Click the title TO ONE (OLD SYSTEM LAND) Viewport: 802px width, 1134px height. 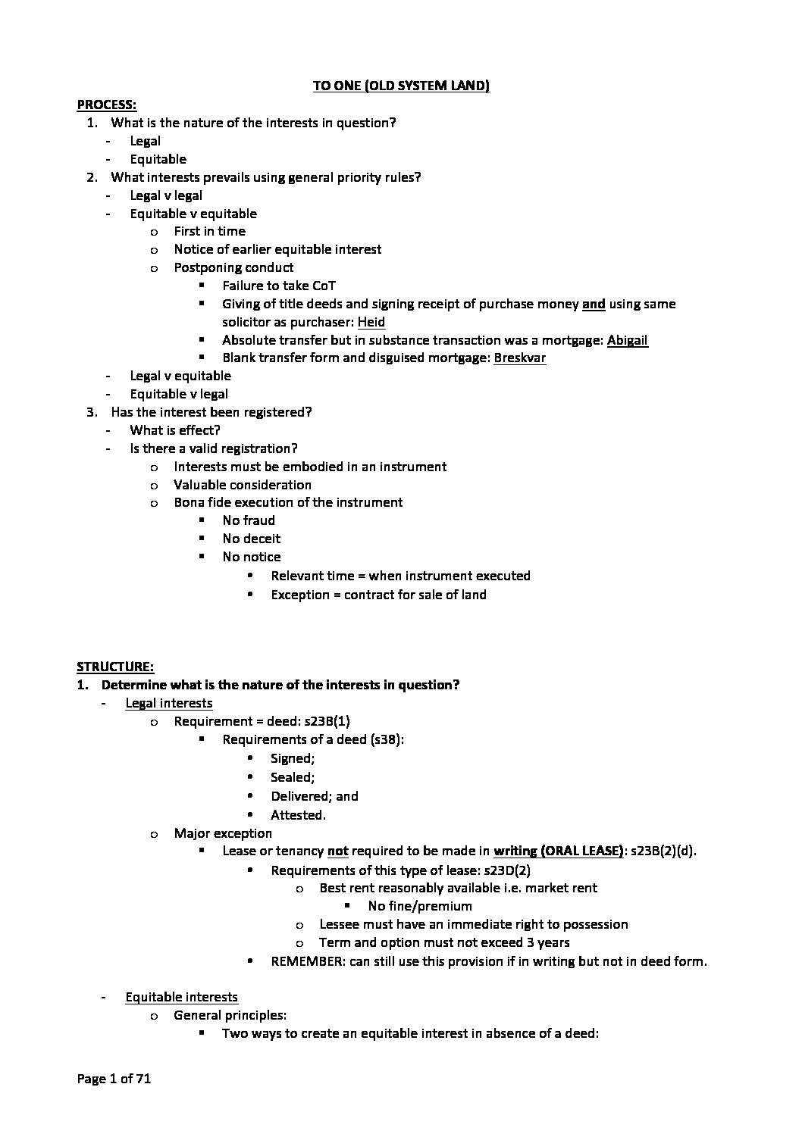[401, 86]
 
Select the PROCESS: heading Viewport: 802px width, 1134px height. [107, 105]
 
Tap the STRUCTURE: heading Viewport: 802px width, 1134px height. [115, 667]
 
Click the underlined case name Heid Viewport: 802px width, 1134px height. [371, 322]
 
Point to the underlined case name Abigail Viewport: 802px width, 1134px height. [628, 340]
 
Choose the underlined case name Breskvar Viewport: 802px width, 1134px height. [519, 358]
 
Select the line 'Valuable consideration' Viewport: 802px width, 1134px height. [243, 485]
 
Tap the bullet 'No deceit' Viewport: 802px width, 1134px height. [252, 539]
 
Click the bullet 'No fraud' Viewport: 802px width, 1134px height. [249, 520]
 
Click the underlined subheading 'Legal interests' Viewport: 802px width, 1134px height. [169, 703]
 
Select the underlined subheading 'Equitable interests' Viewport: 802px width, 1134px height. [182, 997]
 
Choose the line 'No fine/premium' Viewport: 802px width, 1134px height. [420, 906]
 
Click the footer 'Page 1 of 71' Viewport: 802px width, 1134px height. [114, 1079]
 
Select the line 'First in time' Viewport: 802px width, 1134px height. [210, 231]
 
